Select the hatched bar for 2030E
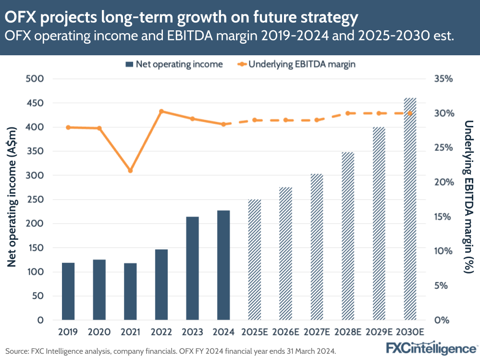point(410,209)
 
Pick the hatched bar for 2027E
point(317,247)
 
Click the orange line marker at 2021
point(130,171)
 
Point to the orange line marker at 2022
point(161,112)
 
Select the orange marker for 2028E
point(348,113)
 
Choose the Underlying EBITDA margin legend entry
point(295,64)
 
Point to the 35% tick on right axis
point(443,79)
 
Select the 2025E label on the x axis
point(255,332)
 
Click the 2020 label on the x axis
point(99,332)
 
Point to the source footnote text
point(171,351)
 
